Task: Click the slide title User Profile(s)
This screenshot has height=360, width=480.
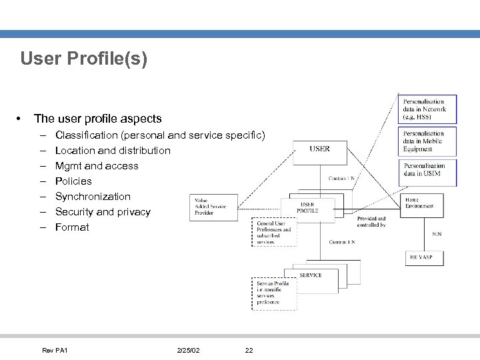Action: [84, 59]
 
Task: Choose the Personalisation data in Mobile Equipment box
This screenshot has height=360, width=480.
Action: [427, 141]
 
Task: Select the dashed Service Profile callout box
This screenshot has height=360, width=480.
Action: [273, 293]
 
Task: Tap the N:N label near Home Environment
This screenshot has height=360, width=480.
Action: [436, 234]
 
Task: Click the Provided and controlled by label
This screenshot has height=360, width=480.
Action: [371, 222]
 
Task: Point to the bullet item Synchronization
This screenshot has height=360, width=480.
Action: [93, 197]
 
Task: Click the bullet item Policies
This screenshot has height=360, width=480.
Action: [73, 181]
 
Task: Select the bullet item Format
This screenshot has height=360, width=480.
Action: [72, 227]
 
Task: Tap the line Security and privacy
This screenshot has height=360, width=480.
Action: [103, 212]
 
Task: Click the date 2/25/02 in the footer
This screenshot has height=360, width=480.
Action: [189, 351]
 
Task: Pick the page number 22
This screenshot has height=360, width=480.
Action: [249, 351]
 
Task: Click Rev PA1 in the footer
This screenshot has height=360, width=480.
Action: [55, 351]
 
